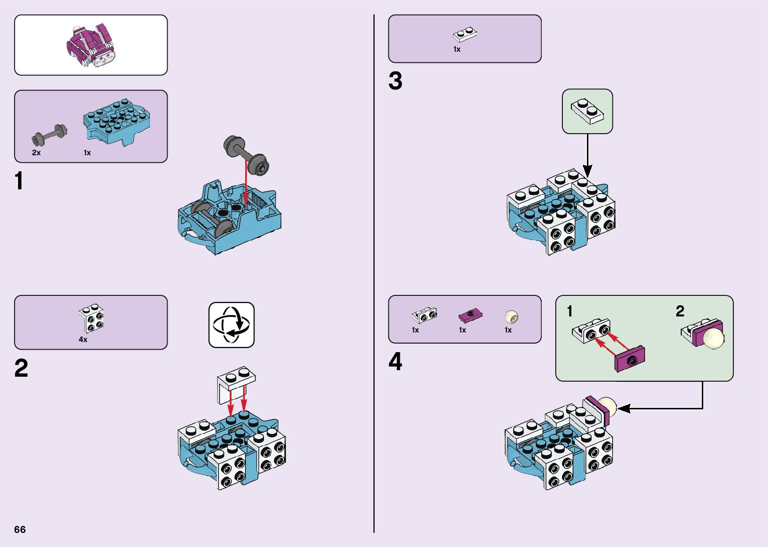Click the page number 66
tap(20, 529)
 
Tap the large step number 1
tap(19, 181)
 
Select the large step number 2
tap(21, 369)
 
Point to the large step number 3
tap(395, 81)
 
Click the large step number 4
tap(395, 362)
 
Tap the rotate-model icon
tap(231, 324)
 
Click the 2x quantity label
tap(36, 153)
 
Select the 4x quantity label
tap(83, 340)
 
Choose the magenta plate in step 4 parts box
tap(470, 315)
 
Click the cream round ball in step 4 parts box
tap(511, 316)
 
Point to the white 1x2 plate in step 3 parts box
tap(465, 34)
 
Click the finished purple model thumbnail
tap(91, 45)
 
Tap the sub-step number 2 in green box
tap(680, 311)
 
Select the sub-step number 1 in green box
tap(569, 311)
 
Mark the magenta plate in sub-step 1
tap(630, 359)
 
